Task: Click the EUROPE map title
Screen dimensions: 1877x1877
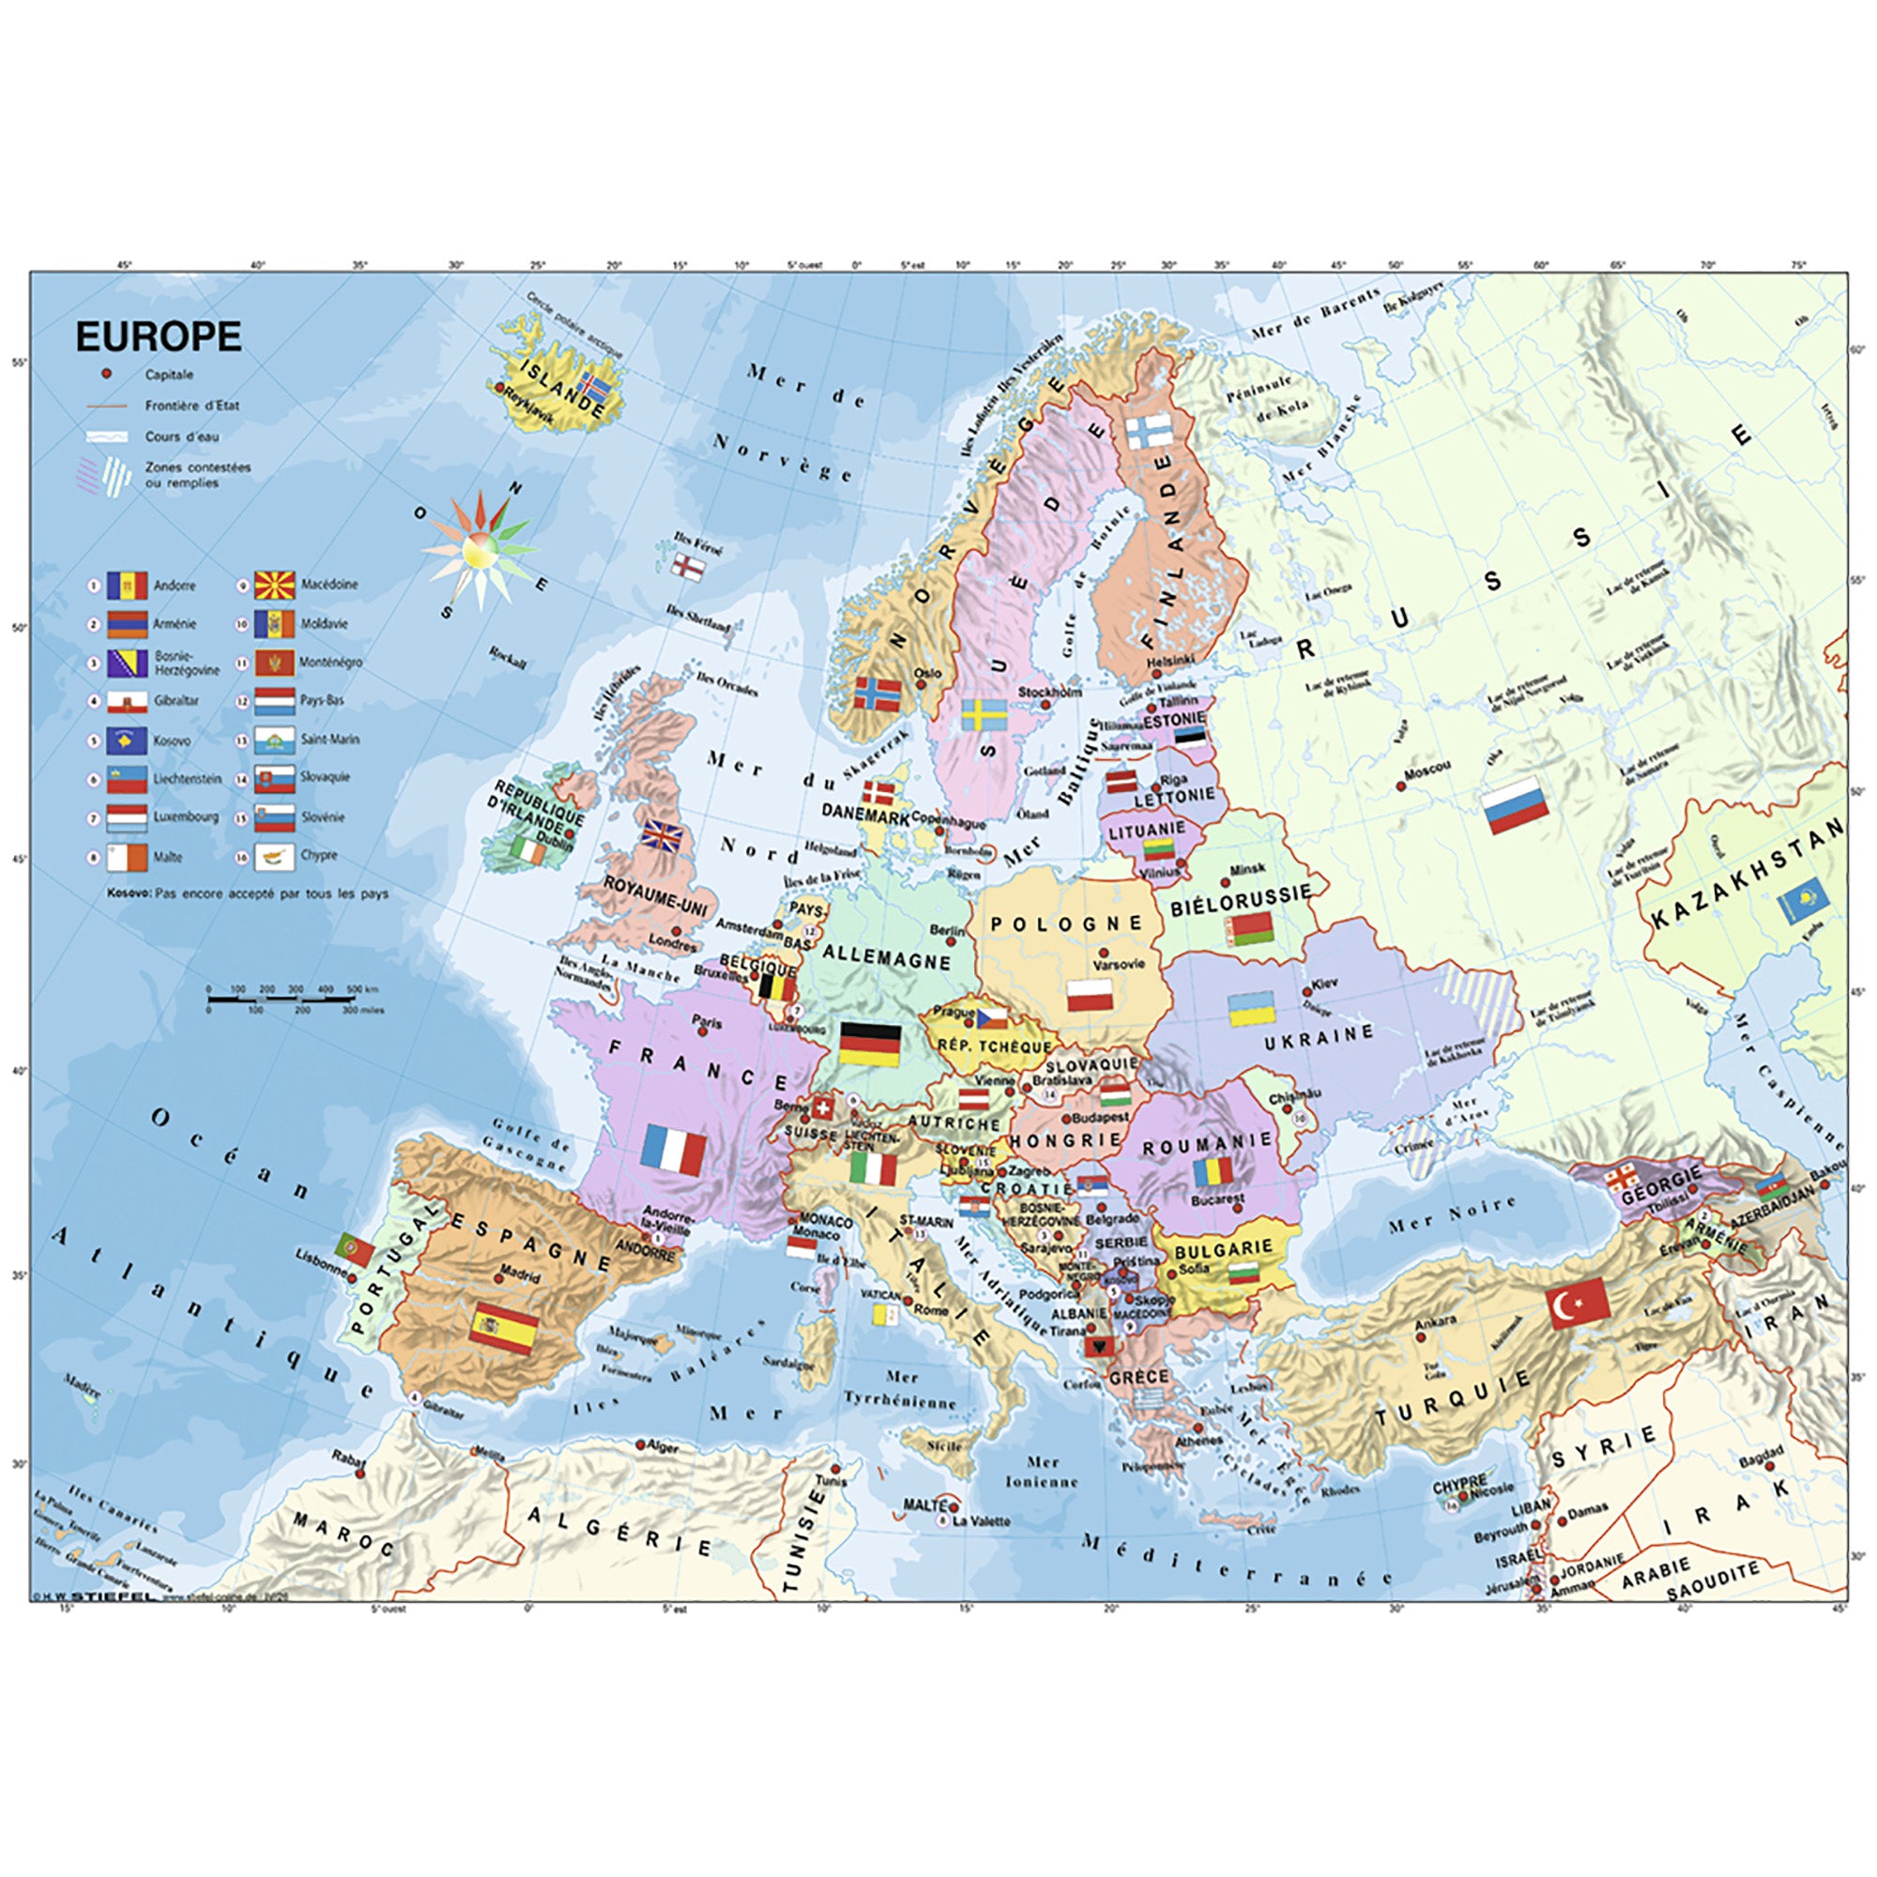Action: [159, 336]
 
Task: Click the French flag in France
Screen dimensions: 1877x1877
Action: [673, 1151]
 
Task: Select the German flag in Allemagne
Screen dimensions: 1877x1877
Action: [870, 1044]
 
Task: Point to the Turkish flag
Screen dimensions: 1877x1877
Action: [1579, 1303]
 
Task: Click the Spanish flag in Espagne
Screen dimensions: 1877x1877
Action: [503, 1328]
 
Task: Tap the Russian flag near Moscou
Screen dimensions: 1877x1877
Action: [1515, 804]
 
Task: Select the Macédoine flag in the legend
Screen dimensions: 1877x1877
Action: [275, 585]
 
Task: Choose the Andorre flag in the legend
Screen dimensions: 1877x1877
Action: [128, 586]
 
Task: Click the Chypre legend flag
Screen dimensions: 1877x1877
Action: [275, 856]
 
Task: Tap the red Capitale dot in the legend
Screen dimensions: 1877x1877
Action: [107, 374]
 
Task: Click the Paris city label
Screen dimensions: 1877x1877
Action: [708, 1021]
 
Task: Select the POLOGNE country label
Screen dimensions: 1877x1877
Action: [1067, 923]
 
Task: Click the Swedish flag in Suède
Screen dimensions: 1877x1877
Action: [984, 714]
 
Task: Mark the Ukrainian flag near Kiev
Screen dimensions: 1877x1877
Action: [1251, 1009]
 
